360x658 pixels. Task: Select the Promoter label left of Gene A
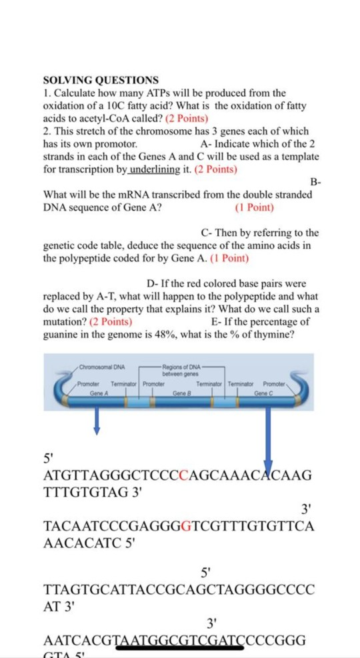89,385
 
